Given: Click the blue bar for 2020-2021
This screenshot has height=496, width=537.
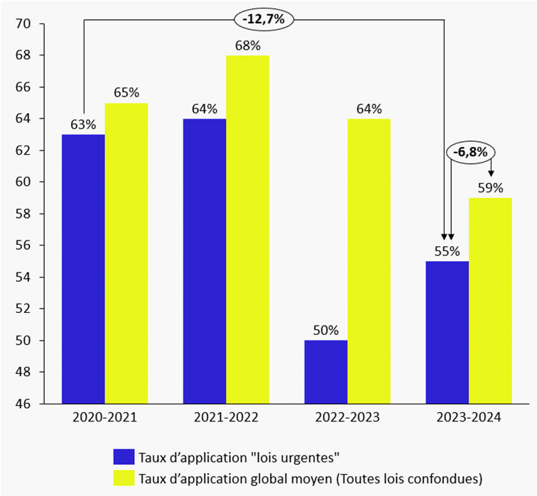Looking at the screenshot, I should coord(84,269).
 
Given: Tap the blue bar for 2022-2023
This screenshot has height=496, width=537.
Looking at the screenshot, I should coord(326,372).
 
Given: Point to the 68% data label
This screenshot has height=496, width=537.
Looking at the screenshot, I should coord(247,45).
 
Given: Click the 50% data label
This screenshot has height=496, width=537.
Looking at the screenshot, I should coord(326,330).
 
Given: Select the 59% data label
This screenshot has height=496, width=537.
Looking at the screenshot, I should coord(490,188).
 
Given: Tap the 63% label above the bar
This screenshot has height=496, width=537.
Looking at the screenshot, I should coord(84,124).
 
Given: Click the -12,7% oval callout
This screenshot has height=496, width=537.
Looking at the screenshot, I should coord(264,20).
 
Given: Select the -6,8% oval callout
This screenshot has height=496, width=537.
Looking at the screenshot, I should coord(470,152).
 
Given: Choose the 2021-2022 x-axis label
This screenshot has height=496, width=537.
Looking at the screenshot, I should coord(226,419).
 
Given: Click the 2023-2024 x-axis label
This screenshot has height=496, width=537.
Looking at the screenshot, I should coord(469,419).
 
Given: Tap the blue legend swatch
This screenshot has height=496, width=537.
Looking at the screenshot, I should coord(124,456).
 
